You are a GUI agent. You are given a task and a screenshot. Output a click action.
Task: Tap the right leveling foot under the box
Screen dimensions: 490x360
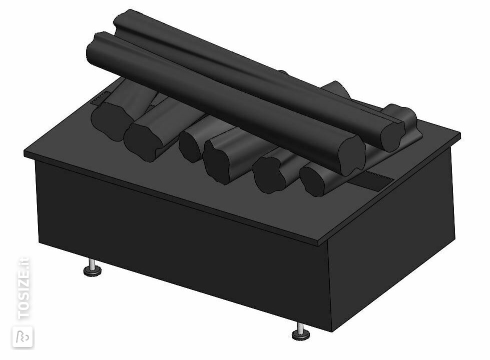pos(301,332)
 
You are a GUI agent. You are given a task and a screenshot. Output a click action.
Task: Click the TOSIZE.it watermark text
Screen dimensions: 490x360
pos(24,288)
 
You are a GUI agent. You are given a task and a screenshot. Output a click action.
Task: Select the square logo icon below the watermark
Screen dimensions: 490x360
pos(23,337)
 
